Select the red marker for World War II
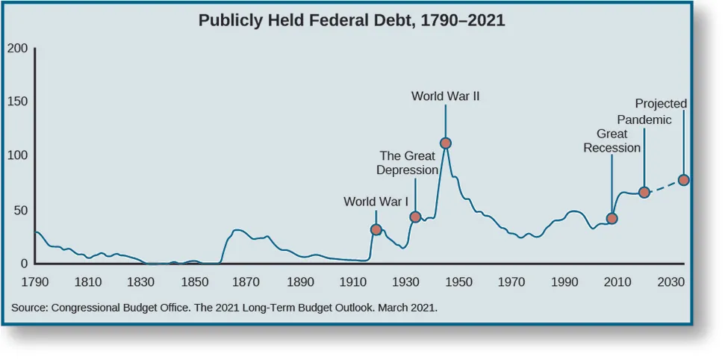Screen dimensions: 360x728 [446, 143]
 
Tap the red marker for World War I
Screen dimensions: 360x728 [376, 229]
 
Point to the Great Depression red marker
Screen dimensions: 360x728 [415, 217]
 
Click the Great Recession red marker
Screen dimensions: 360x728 [612, 218]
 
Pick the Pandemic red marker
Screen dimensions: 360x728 [644, 192]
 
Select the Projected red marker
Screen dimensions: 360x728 [683, 180]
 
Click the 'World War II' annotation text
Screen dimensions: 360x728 [445, 96]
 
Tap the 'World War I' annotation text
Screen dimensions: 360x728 [376, 201]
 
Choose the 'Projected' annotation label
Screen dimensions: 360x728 [661, 104]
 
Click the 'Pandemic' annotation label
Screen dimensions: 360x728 [644, 120]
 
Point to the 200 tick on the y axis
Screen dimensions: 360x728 [18, 49]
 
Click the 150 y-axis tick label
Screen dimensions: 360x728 [18, 102]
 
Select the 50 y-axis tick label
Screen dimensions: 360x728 [21, 211]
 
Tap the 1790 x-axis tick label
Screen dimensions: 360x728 [35, 282]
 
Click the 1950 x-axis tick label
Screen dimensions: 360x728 [458, 282]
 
